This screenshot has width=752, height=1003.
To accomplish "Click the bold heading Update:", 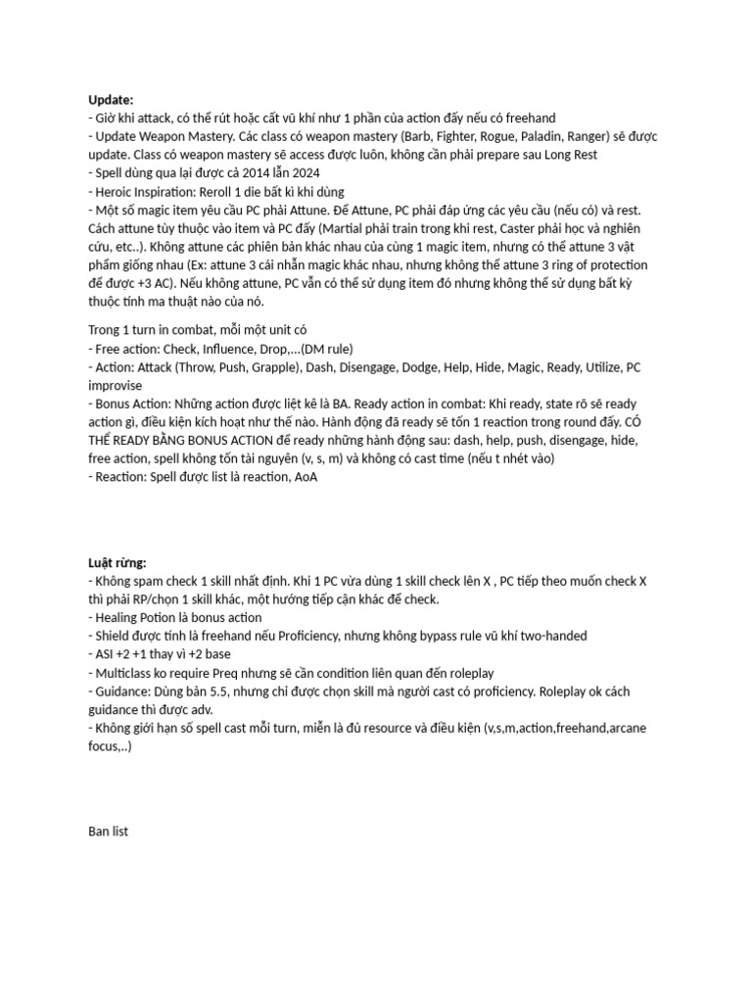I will pos(111,99).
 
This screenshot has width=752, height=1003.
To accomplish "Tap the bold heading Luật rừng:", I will pos(117,562).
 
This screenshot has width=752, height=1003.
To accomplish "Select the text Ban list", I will pos(108,832).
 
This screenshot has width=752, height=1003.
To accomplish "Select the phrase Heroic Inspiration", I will pos(141,192).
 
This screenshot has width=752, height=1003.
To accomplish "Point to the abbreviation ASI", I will pos(105,654).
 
